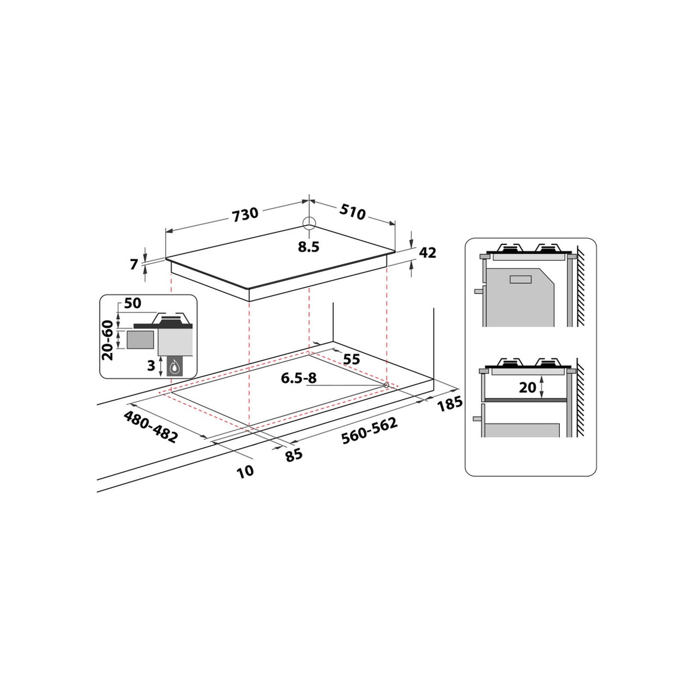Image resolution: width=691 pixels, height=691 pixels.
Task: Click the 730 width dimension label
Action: pos(245,214)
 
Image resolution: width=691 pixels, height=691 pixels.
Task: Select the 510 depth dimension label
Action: pos(352,212)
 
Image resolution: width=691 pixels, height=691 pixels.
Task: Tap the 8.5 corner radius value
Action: pos(308,247)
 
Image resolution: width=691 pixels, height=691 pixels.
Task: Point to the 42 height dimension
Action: pos(428,252)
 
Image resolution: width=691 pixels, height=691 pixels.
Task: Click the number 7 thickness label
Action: pos(134,264)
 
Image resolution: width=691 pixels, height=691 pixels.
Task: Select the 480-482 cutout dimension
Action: pos(151,427)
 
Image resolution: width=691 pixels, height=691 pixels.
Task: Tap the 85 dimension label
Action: pos(294,455)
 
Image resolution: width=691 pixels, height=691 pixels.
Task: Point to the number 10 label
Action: pos(245,471)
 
